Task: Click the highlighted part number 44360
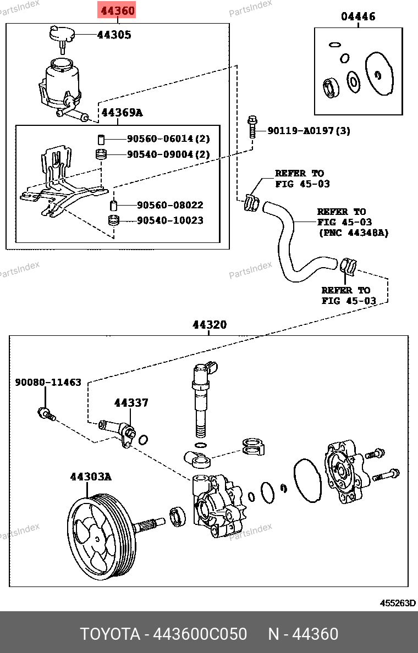(117, 10)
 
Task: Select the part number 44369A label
(122, 113)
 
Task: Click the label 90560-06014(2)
(168, 139)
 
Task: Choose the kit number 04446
(358, 16)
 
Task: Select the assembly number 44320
(209, 325)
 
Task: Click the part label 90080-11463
(48, 382)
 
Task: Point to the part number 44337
(131, 403)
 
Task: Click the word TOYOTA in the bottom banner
(110, 634)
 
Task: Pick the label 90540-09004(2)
(168, 154)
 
